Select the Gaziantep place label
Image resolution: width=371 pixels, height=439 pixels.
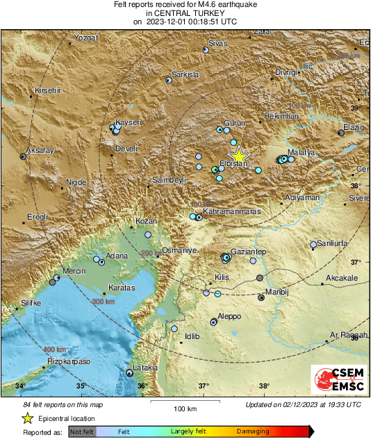pos(249,251)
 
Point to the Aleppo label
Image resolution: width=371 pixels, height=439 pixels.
pos(229,316)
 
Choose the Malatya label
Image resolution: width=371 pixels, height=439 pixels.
pos(302,151)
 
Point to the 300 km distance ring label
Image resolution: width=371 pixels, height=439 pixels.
pos(103,302)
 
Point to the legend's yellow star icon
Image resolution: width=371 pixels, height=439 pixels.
pos(27,418)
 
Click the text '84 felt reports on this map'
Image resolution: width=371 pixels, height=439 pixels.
pos(63,404)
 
